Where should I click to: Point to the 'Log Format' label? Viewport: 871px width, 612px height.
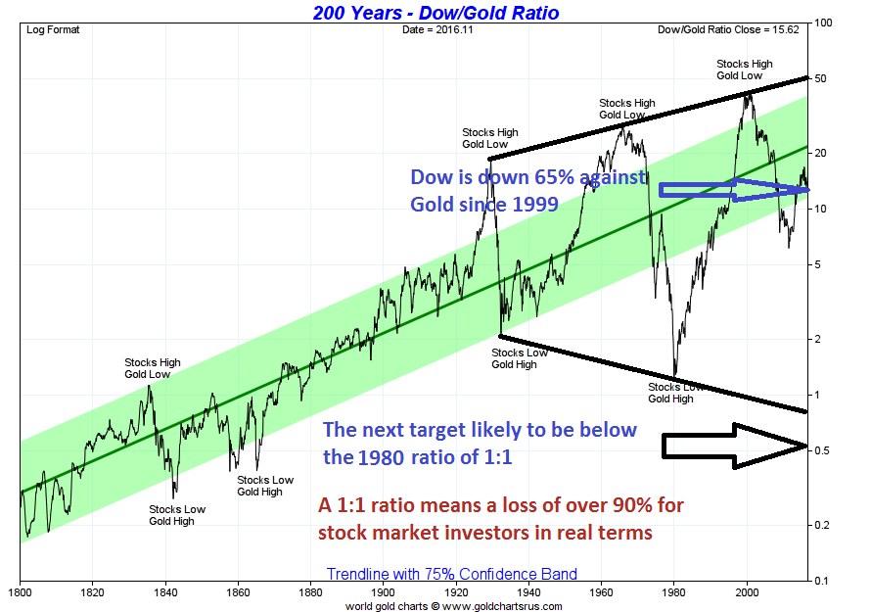(x=53, y=29)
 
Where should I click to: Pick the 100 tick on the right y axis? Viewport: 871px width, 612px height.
(x=823, y=23)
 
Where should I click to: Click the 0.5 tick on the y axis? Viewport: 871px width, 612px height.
(x=822, y=450)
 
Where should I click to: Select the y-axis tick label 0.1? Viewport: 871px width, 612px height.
(x=822, y=581)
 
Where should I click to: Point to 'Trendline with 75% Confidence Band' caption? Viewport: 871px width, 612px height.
(x=451, y=574)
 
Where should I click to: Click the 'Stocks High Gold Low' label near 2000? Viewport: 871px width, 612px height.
(x=744, y=70)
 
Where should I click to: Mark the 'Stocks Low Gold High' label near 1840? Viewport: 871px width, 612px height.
(x=177, y=515)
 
